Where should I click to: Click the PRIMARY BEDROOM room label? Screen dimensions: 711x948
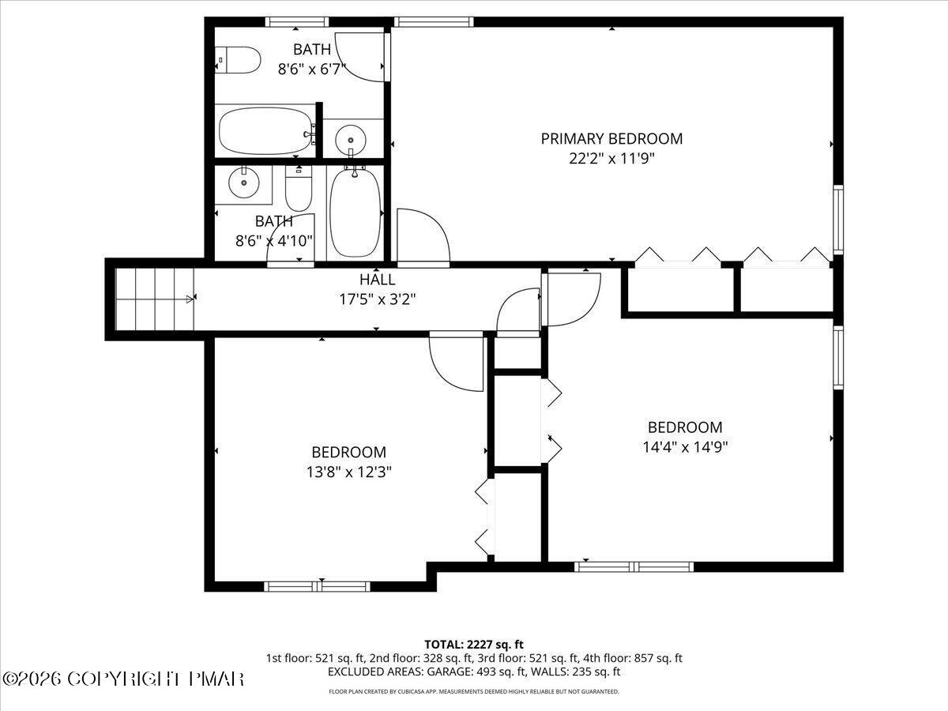point(611,139)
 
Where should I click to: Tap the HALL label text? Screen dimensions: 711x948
point(377,280)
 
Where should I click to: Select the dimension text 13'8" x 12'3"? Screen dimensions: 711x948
point(348,472)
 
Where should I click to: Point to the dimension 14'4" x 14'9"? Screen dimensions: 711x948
point(685,446)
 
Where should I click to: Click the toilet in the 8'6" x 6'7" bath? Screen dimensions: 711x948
point(239,60)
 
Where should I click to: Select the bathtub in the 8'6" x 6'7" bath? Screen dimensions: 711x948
point(265,132)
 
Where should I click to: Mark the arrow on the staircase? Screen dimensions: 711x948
point(190,299)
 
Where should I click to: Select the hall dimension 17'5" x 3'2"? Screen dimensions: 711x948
point(377,299)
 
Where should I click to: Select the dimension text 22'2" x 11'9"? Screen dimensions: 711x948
point(611,158)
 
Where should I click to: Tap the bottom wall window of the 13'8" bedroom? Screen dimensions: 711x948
point(317,586)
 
